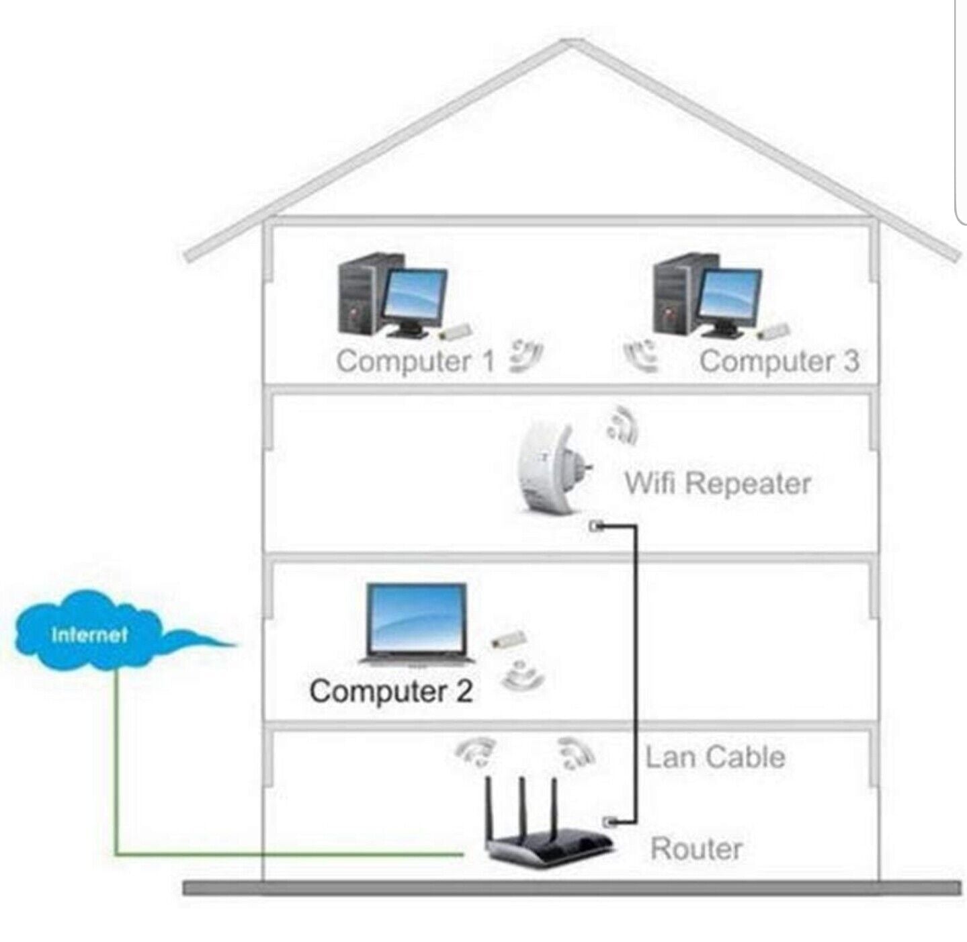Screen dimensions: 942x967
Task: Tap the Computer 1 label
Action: click(415, 361)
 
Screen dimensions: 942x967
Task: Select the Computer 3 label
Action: click(779, 361)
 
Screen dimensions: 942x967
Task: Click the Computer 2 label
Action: click(390, 691)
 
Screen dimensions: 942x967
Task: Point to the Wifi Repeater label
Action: click(717, 483)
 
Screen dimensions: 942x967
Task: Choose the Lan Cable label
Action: click(714, 757)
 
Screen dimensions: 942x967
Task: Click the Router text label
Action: click(696, 849)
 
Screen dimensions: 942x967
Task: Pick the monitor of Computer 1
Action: click(415, 296)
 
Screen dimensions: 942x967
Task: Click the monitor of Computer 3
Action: click(731, 296)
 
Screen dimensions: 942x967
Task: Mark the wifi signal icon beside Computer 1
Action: click(525, 355)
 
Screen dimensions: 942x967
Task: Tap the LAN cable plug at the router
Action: click(609, 820)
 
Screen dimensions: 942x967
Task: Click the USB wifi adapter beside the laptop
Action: click(509, 640)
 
